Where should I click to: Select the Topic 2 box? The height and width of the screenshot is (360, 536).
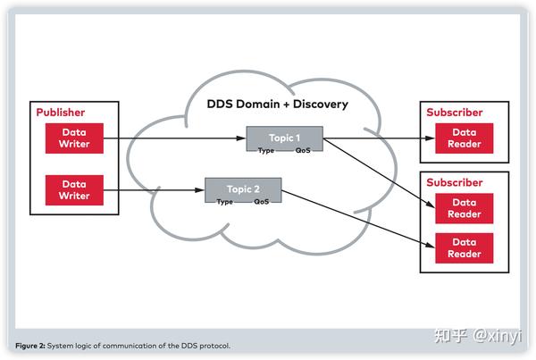pos(243,188)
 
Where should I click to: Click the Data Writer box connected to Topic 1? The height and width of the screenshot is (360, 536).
pos(75,138)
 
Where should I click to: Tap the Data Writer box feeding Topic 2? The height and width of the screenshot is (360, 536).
pos(75,188)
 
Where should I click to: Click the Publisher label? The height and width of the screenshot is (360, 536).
pos(61,113)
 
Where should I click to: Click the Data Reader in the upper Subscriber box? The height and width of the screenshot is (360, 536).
pos(465,138)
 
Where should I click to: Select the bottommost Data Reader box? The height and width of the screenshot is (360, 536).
pos(465,247)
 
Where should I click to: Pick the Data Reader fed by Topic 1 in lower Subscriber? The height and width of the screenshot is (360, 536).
pos(465,208)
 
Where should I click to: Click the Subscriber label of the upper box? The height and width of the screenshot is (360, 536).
pos(454,113)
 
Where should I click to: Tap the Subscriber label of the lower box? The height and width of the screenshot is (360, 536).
pos(454,182)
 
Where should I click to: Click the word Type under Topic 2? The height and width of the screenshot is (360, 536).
pos(225,202)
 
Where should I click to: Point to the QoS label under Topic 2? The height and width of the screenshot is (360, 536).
pos(262,202)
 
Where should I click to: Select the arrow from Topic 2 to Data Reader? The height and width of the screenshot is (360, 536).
pos(357,220)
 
